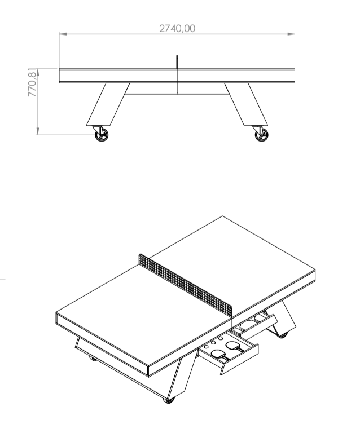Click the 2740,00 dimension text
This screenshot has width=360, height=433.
pyautogui.click(x=177, y=28)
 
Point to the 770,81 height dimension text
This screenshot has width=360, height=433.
pyautogui.click(x=32, y=82)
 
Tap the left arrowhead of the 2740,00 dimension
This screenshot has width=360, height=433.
pyautogui.click(x=63, y=34)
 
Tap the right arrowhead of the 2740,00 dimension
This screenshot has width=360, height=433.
pyautogui.click(x=291, y=34)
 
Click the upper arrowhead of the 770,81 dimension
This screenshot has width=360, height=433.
pyautogui.click(x=38, y=72)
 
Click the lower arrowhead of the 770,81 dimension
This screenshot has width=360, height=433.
pyautogui.click(x=38, y=131)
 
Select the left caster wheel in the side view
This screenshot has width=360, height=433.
pyautogui.click(x=102, y=135)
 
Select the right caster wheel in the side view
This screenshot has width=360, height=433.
pyautogui.click(x=261, y=135)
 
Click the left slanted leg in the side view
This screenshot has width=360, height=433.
pyautogui.click(x=108, y=104)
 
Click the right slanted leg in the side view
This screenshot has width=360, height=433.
pyautogui.click(x=246, y=104)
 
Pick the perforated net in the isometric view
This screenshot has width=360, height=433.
pyautogui.click(x=186, y=285)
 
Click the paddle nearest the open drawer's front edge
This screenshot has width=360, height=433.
pyautogui.click(x=220, y=355)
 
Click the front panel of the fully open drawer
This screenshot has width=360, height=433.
pyautogui.click(x=240, y=359)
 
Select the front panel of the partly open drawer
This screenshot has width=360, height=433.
pyautogui.click(x=258, y=326)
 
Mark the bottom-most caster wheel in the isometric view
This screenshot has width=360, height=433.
pyautogui.click(x=169, y=400)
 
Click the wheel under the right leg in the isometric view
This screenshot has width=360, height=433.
pyautogui.click(x=282, y=335)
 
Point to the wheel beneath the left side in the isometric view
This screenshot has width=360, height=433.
pyautogui.click(x=93, y=359)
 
